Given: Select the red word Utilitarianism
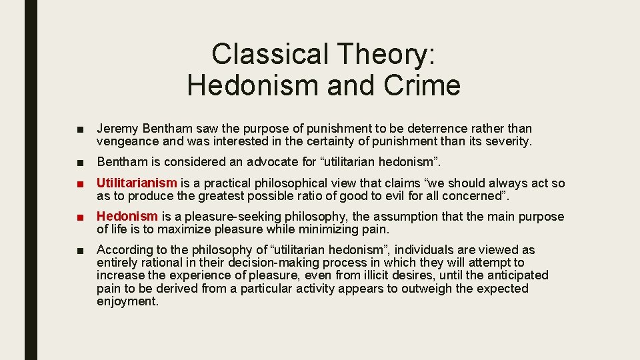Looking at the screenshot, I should [137, 183].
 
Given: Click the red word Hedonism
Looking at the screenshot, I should [127, 217].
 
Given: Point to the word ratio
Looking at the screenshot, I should [331, 196].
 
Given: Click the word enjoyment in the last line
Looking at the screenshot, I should [127, 302].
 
